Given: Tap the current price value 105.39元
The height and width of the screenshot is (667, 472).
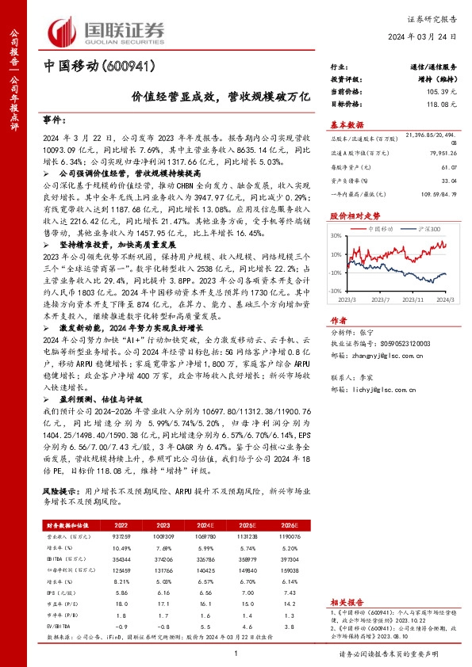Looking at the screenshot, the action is tap(442, 92).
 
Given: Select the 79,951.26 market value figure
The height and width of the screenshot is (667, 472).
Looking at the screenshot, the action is tap(442, 154).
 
